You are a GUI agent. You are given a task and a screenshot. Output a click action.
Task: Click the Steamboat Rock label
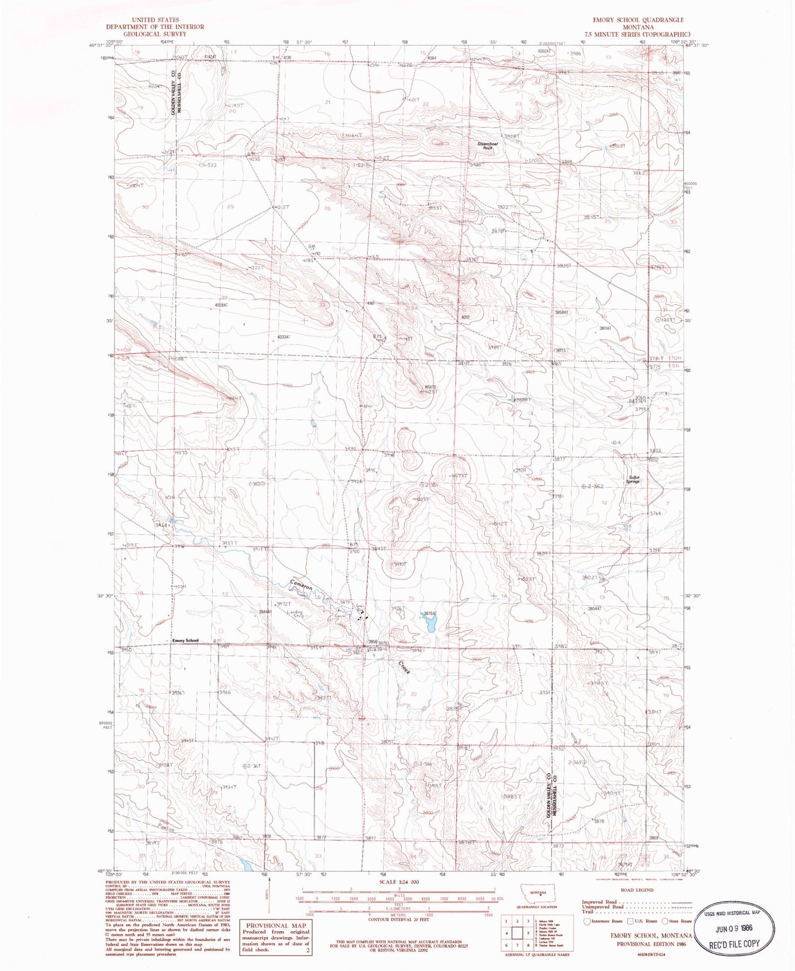click(484, 146)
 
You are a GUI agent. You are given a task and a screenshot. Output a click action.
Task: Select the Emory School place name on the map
click(185, 640)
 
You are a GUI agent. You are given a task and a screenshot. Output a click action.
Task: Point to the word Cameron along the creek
click(301, 586)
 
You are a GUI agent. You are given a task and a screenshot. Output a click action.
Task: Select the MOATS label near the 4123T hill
click(430, 387)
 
